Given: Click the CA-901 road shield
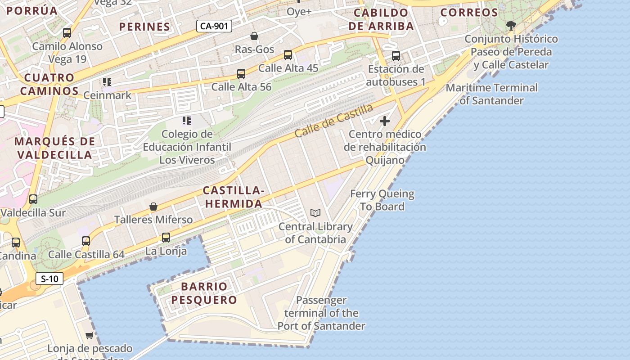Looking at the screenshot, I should pyautogui.click(x=214, y=26).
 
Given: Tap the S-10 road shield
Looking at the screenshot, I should pyautogui.click(x=49, y=279).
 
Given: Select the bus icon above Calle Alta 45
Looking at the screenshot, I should pyautogui.click(x=288, y=55).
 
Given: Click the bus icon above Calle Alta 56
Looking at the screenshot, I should pyautogui.click(x=241, y=73).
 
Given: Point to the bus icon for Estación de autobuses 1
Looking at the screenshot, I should pyautogui.click(x=396, y=56).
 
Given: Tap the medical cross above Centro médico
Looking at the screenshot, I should pyautogui.click(x=385, y=121).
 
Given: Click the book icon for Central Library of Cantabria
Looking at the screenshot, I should pyautogui.click(x=315, y=213).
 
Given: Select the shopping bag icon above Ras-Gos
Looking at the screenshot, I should pyautogui.click(x=254, y=36).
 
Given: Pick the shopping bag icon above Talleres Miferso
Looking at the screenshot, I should pyautogui.click(x=153, y=207).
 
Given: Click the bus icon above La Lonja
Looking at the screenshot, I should pyautogui.click(x=166, y=237).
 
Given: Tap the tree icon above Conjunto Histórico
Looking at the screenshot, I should pyautogui.click(x=511, y=25).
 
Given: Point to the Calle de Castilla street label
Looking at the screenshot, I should pyautogui.click(x=334, y=121).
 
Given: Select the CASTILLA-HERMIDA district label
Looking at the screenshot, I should pyautogui.click(x=233, y=197).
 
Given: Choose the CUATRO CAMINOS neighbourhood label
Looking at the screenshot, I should pyautogui.click(x=49, y=84).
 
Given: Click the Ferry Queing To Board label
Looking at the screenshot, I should pyautogui.click(x=382, y=200).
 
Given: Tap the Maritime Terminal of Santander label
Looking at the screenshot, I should pyautogui.click(x=492, y=94).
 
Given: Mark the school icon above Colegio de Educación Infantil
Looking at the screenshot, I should pyautogui.click(x=187, y=121).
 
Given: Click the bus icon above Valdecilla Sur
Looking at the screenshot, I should pyautogui.click(x=33, y=199).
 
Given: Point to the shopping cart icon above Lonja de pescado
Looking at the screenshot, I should pyautogui.click(x=90, y=335).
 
